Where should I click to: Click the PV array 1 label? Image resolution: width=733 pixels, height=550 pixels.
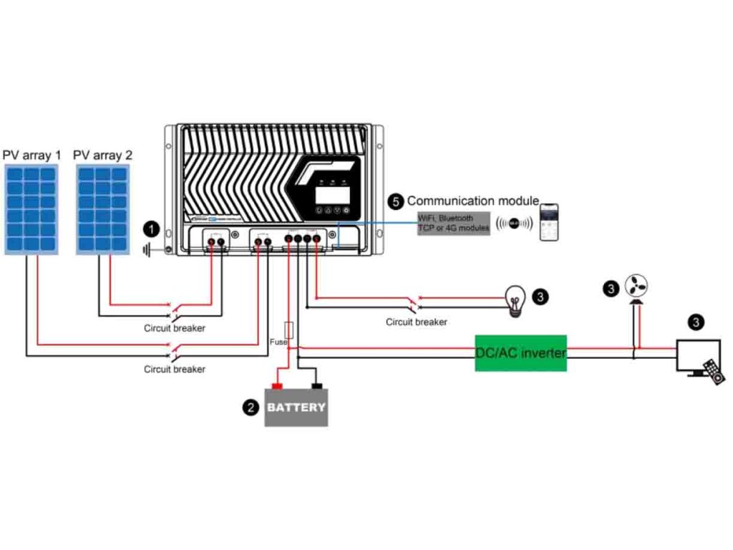point(32,155)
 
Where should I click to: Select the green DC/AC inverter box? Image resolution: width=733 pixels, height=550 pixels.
point(520,353)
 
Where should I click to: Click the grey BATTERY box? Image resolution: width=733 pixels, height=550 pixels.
point(296,407)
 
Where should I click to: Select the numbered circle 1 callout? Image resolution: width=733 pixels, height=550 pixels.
point(150,229)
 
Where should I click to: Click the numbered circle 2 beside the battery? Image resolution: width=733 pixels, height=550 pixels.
point(251,407)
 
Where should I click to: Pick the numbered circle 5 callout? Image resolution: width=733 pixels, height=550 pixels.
point(396,201)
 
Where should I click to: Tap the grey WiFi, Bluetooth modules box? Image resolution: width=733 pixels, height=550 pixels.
point(454,222)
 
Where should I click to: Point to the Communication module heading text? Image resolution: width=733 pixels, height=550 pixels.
point(472,201)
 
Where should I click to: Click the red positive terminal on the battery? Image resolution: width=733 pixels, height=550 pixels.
point(277,387)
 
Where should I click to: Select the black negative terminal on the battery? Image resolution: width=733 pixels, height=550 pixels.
point(316,387)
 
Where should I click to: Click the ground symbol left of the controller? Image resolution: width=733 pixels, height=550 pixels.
point(147,250)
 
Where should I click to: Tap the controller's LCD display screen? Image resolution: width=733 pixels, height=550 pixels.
point(334,195)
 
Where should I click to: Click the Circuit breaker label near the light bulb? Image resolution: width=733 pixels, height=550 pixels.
point(416,322)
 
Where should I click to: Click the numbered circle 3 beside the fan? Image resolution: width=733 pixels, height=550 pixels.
point(611,288)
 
